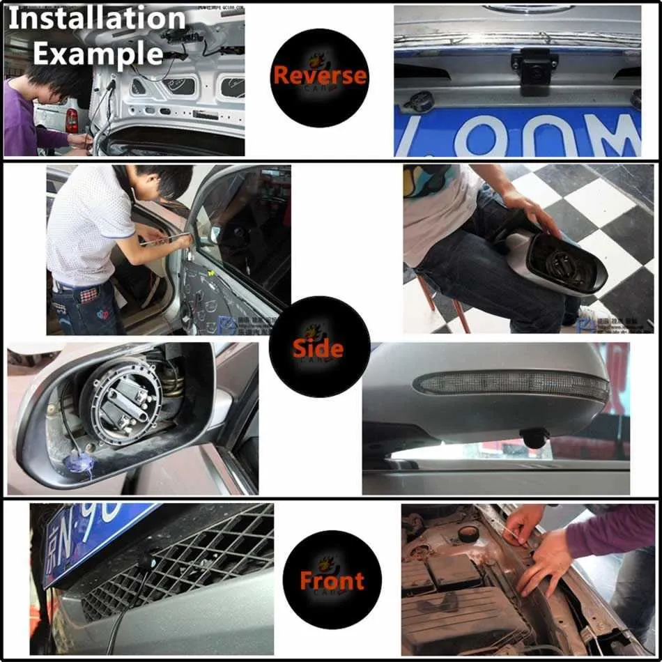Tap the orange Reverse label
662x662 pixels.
pyautogui.click(x=319, y=75)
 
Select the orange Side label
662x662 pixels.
pyautogui.click(x=318, y=348)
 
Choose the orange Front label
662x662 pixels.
pyautogui.click(x=332, y=580)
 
